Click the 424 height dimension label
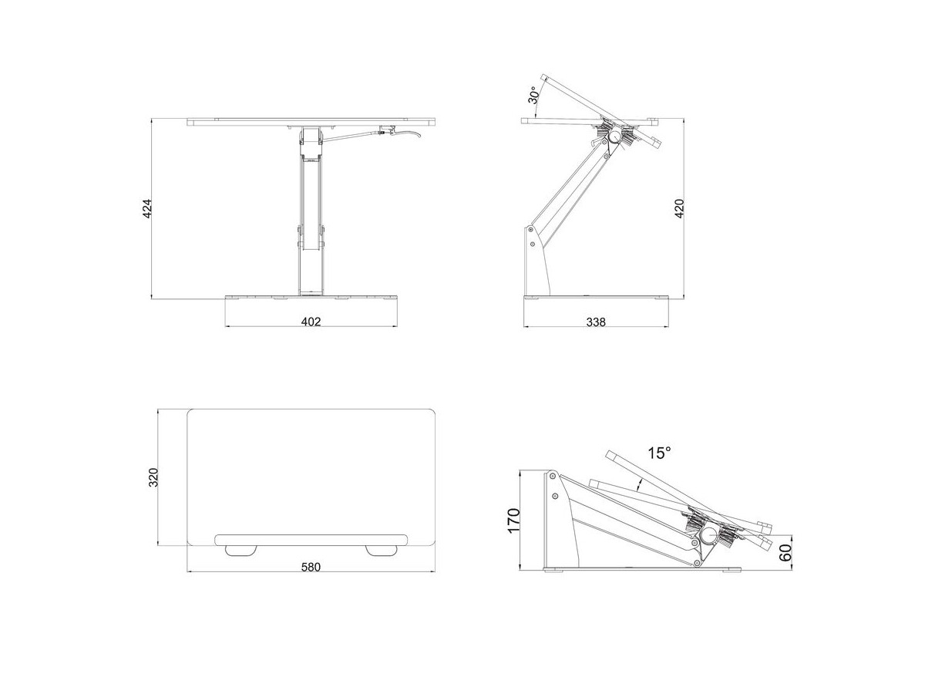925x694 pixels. click(146, 208)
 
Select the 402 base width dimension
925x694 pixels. click(311, 322)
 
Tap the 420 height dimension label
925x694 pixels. click(679, 208)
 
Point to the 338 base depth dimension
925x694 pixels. click(596, 322)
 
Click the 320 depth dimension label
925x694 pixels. click(154, 477)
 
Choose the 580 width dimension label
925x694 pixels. click(311, 568)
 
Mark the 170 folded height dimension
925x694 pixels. click(513, 520)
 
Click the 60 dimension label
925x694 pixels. click(785, 553)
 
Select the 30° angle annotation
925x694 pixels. click(533, 95)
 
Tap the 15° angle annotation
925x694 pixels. click(659, 453)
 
